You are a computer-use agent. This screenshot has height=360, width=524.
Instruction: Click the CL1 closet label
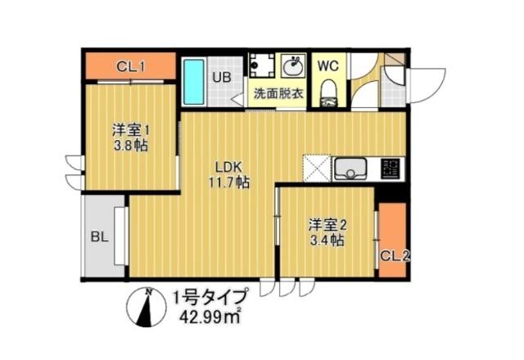coord(131,66)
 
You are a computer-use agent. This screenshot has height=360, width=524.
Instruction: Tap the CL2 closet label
coord(395,256)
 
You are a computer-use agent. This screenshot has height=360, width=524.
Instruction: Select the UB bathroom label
coord(222,78)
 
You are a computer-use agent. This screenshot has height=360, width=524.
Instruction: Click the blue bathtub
coord(192,81)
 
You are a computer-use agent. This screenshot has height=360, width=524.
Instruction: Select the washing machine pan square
coord(264,66)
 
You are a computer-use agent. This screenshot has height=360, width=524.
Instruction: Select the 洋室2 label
coord(325,223)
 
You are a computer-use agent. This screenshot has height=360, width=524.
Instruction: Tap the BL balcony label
coord(100,239)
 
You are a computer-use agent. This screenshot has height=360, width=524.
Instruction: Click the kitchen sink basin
coord(350,170)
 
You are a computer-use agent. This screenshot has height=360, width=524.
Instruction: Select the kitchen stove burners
coord(391,169)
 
